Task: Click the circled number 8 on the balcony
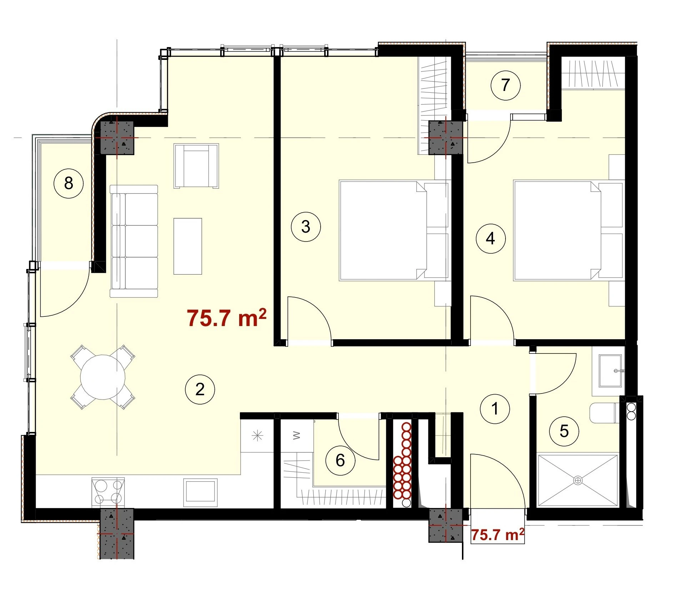[x=69, y=183]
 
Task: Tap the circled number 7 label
[x=506, y=85]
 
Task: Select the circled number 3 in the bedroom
[x=306, y=227]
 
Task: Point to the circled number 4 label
[x=491, y=238]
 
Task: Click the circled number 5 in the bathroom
[x=564, y=431]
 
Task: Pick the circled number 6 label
[x=340, y=460]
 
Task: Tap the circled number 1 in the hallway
[x=495, y=409]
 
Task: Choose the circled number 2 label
[x=200, y=389]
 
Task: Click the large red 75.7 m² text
[x=227, y=318]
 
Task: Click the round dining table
[x=103, y=377]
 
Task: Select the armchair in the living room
[x=196, y=166]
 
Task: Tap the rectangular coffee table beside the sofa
[x=188, y=246]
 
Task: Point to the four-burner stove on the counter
[x=108, y=492]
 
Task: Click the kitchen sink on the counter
[x=200, y=492]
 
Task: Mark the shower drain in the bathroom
[x=578, y=480]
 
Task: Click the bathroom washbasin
[x=611, y=371]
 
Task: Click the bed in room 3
[x=394, y=230]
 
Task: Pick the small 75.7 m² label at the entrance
[x=498, y=535]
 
